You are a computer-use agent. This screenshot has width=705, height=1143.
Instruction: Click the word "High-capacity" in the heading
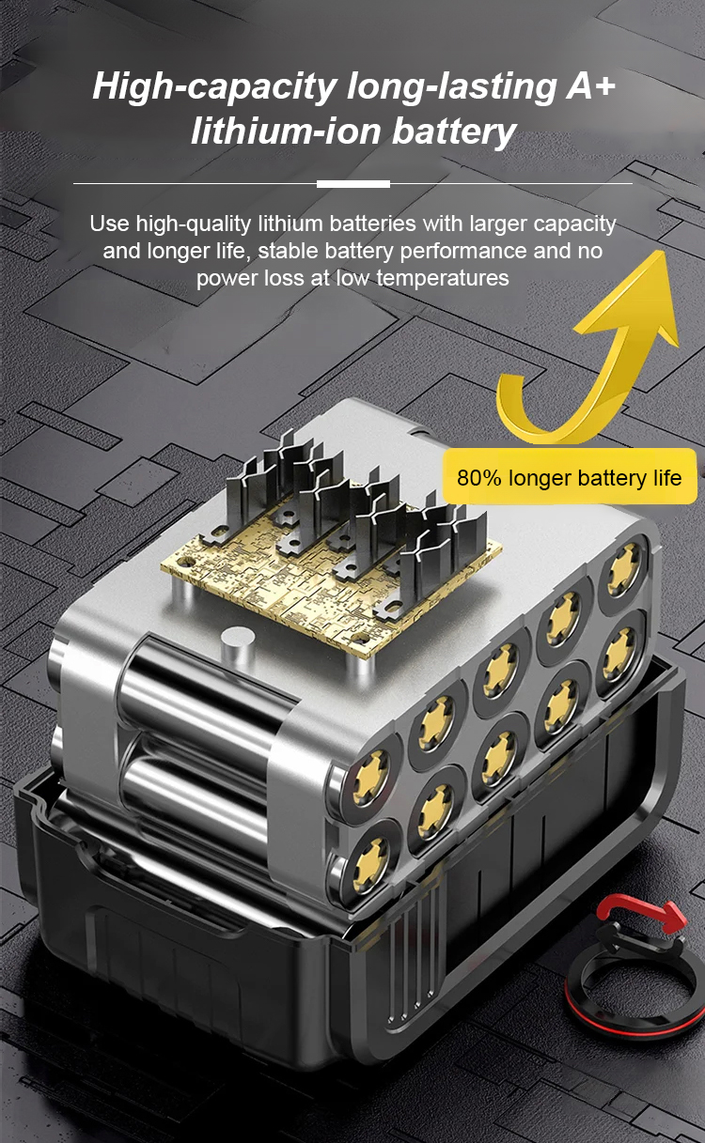click(x=214, y=86)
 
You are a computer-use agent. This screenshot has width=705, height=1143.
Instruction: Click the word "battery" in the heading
click(x=454, y=132)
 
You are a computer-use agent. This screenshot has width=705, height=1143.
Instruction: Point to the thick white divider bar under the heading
click(x=353, y=184)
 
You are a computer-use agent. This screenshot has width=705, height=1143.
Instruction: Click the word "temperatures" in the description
click(x=443, y=278)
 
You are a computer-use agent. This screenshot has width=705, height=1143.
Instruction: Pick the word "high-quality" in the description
click(x=193, y=224)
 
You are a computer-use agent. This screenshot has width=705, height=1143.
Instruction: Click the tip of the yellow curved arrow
click(x=665, y=251)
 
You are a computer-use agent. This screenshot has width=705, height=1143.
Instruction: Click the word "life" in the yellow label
click(x=667, y=478)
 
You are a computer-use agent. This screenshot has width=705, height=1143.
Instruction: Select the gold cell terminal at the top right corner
click(x=622, y=568)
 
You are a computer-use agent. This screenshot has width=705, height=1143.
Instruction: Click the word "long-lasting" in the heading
click(x=451, y=86)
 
